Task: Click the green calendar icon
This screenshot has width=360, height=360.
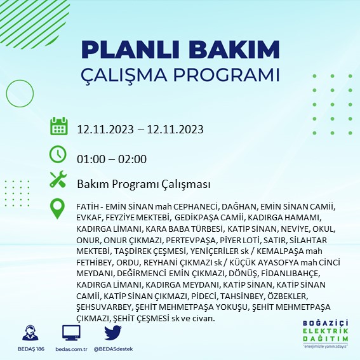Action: (x=58, y=126)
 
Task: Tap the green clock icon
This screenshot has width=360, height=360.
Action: (x=58, y=154)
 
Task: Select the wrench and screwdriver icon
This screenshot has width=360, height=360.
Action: (x=58, y=180)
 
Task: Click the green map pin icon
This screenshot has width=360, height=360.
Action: (x=58, y=208)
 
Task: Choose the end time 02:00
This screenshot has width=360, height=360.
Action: (x=133, y=159)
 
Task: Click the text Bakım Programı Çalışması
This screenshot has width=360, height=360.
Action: (x=143, y=184)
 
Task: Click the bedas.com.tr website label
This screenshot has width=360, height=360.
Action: (x=72, y=349)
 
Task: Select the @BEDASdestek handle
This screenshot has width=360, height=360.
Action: (x=113, y=349)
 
